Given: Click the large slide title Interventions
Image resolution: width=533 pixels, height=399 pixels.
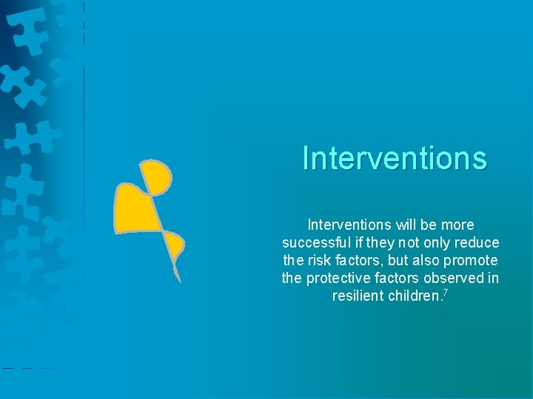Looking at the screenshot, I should point(395,158).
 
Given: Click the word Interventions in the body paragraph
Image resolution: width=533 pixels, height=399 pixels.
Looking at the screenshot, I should point(349,225).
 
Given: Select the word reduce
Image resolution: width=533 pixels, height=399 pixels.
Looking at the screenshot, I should point(480,242).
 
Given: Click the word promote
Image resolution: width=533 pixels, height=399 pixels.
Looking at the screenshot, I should point(472,260).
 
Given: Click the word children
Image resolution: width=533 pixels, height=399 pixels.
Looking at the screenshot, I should point(417,296).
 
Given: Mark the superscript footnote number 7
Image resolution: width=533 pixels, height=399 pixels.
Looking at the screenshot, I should point(446,293).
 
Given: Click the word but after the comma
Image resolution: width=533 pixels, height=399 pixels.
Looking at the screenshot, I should point(397,260).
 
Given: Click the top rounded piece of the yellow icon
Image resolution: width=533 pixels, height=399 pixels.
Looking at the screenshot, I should point(156,176).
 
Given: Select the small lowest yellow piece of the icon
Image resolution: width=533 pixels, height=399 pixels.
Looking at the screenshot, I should point(175,245).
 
